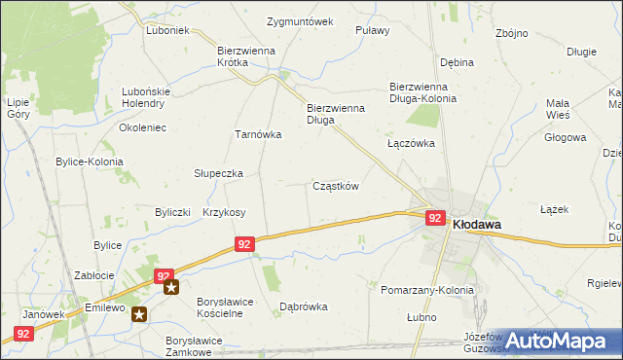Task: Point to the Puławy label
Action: coord(373,30)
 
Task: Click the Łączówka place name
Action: coord(410,142)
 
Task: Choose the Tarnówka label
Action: coord(258,135)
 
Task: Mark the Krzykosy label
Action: coord(224,212)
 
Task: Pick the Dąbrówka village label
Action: coord(304,306)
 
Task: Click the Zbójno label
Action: coord(511,33)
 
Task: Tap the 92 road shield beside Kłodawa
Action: coord(435,220)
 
